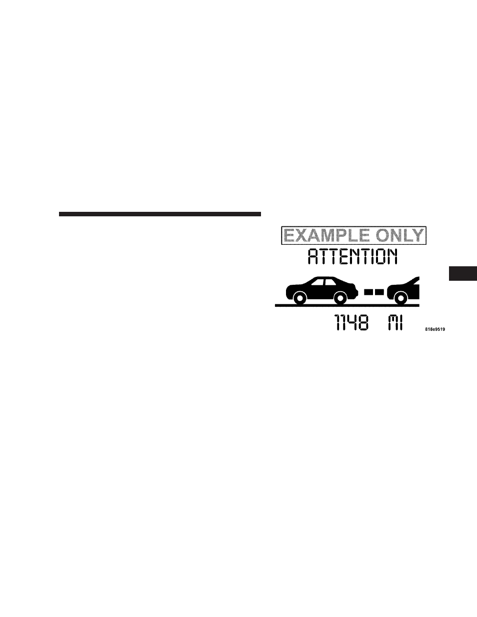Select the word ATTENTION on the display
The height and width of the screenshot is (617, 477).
(x=352, y=256)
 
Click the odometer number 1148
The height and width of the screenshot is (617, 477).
(x=351, y=322)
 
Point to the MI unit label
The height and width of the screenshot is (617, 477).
(x=395, y=322)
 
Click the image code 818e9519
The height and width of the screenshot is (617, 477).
(x=435, y=329)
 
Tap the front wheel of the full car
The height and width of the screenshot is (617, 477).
(x=340, y=298)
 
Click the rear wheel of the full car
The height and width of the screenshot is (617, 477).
(x=299, y=298)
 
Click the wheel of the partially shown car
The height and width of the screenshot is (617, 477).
(x=400, y=298)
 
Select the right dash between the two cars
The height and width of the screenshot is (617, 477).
(x=379, y=291)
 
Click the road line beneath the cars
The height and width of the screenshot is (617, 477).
(x=347, y=305)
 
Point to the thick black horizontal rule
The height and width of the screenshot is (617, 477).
(x=160, y=214)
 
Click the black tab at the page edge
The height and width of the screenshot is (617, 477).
(x=463, y=273)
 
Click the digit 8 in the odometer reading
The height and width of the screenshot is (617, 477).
(x=363, y=322)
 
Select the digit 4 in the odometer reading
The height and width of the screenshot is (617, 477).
(x=351, y=322)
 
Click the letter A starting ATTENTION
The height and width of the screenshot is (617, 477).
(x=313, y=256)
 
